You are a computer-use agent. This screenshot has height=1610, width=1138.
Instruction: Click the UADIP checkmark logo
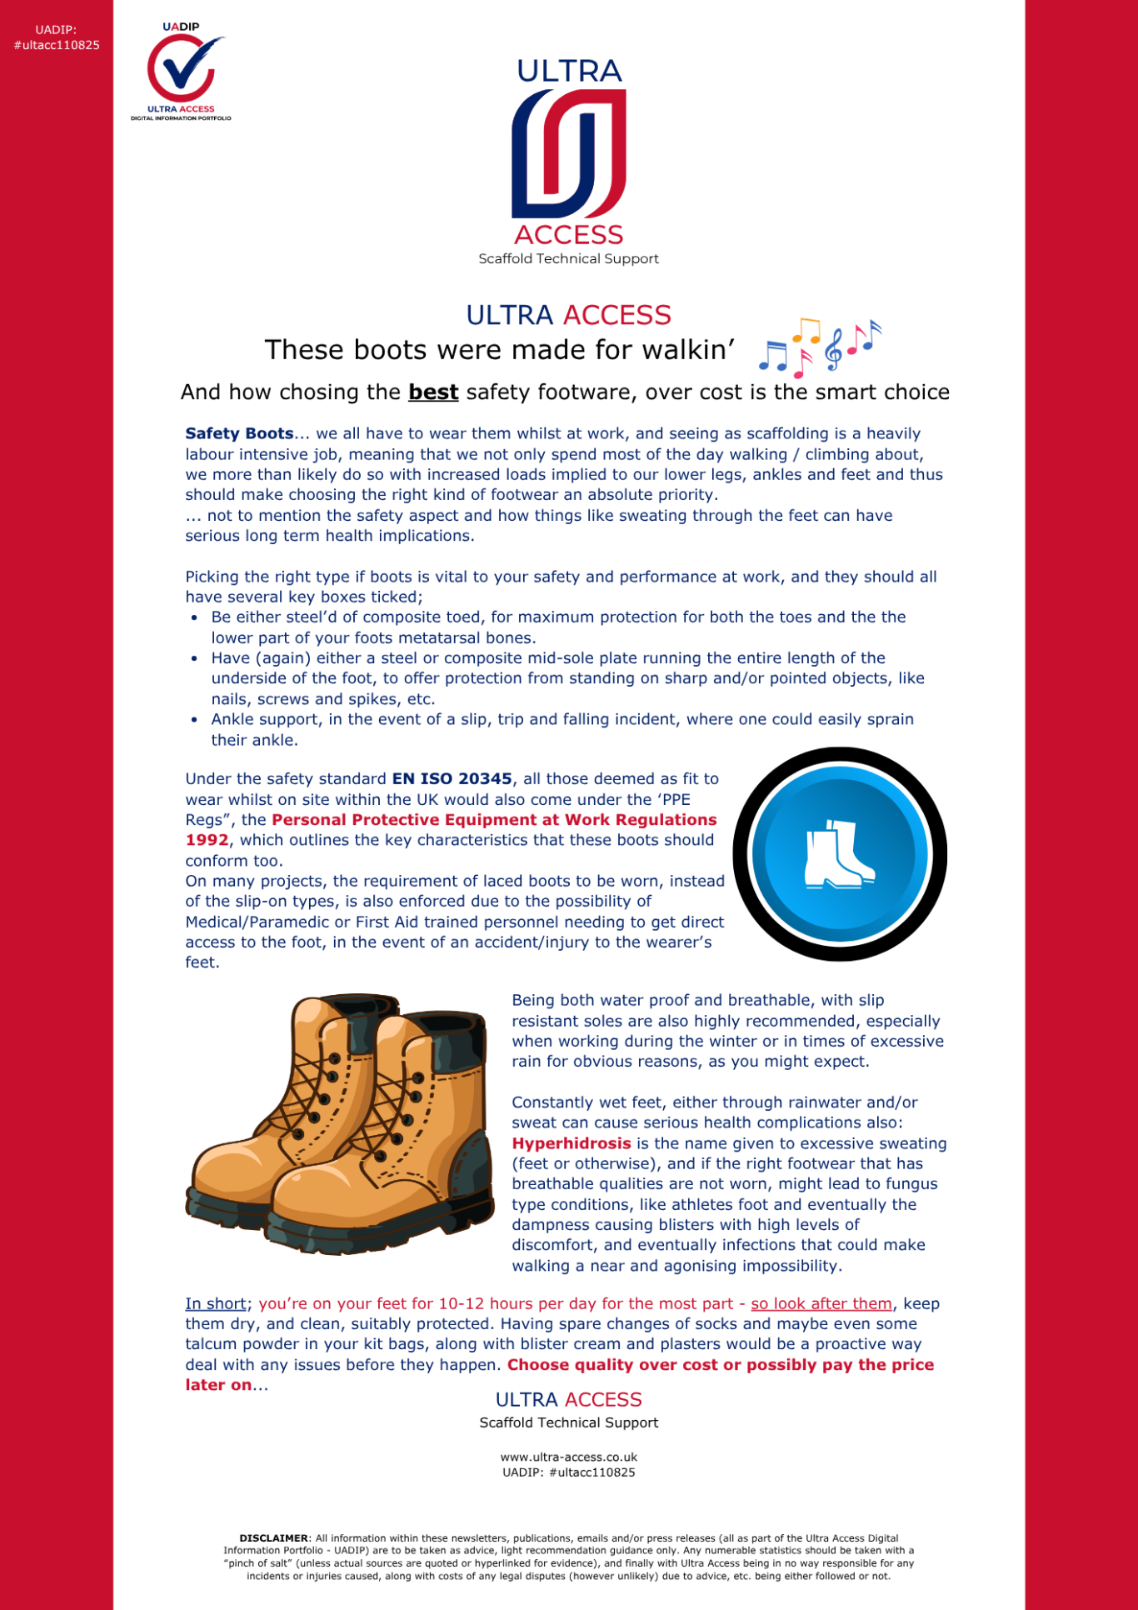(181, 71)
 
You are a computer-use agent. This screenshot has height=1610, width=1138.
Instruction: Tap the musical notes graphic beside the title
(819, 345)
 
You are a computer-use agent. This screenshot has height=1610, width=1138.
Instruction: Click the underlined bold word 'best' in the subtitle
(433, 392)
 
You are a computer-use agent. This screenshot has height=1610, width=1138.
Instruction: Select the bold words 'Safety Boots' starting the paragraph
(239, 433)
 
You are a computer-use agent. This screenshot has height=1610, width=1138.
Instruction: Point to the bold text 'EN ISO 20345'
(452, 779)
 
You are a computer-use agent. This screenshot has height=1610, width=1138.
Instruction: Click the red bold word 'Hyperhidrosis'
(571, 1143)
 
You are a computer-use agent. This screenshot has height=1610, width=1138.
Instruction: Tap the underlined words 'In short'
(216, 1303)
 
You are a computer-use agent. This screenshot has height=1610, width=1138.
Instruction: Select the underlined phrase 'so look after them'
(821, 1303)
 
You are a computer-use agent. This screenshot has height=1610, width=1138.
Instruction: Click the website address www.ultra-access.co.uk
(568, 1457)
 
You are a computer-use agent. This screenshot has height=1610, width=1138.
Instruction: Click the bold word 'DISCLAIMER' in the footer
(273, 1538)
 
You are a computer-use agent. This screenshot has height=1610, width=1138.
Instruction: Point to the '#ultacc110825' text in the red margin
(57, 45)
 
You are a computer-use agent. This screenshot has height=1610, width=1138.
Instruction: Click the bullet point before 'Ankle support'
(194, 720)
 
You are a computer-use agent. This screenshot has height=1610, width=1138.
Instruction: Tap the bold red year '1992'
(207, 840)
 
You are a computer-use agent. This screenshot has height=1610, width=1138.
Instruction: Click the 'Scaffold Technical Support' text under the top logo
(568, 259)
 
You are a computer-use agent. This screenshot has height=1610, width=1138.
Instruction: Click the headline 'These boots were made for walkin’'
(500, 350)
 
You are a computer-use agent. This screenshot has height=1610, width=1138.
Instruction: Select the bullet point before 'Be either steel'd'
(194, 617)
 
